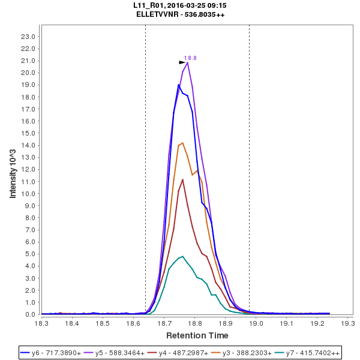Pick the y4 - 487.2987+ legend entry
point(190,353)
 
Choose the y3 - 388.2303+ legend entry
point(254,353)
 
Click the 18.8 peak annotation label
point(190,58)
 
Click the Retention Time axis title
point(197,335)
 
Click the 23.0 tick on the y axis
point(28,37)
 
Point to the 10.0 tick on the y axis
point(28,194)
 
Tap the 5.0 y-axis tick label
point(30,254)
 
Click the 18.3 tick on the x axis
point(41,323)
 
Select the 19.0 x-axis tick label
point(257,323)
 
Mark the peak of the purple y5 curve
point(188,62)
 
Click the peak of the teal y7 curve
point(183,256)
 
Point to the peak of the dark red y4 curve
point(183,179)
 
